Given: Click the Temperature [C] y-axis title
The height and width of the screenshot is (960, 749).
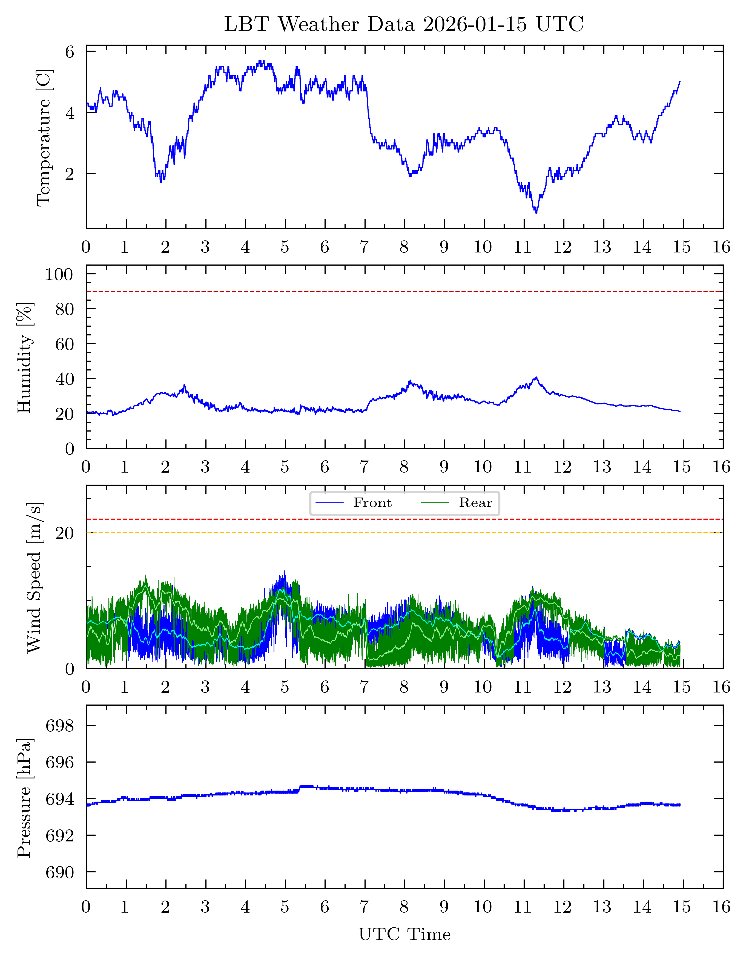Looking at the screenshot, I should click(x=44, y=137).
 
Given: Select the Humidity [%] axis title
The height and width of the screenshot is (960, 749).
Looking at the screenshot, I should click(x=25, y=357).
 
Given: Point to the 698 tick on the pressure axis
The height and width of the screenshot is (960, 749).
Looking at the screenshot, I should click(x=60, y=726).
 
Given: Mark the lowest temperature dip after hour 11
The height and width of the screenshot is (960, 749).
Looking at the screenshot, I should click(x=536, y=213).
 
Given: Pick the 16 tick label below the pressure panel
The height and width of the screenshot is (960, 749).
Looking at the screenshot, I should click(x=721, y=907).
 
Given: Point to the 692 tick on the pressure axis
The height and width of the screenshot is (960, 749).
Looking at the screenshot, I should click(x=60, y=836).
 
